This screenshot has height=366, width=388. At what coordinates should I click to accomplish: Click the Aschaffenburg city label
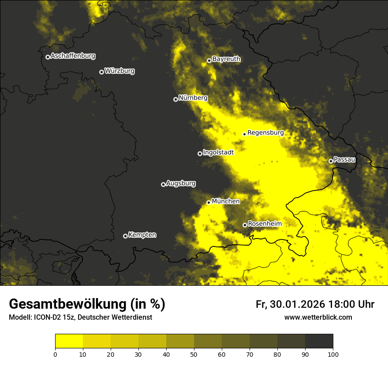tap(73, 56)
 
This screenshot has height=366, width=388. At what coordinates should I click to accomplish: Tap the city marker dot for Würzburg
tap(101, 72)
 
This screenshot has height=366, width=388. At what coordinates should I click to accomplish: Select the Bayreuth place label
tap(226, 59)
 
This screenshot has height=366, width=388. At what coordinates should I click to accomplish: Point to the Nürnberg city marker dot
tap(175, 99)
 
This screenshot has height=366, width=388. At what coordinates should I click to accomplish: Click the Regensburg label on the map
tap(265, 133)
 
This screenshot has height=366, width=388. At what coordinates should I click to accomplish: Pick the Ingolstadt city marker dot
tap(200, 153)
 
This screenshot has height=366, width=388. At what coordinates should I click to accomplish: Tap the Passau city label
tap(344, 160)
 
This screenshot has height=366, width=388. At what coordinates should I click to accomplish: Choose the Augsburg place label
tap(181, 183)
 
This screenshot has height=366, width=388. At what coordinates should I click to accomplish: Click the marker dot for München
tap(209, 202)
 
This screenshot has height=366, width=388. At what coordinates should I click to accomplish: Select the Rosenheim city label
tap(265, 224)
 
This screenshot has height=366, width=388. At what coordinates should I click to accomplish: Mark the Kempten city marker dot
tap(125, 236)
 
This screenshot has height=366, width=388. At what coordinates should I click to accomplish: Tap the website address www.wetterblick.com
tap(318, 317)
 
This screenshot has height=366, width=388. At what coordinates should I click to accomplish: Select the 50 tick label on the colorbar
tap(194, 354)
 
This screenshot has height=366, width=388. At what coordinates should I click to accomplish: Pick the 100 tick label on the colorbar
tap(332, 354)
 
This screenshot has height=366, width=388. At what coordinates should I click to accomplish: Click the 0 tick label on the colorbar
tap(55, 354)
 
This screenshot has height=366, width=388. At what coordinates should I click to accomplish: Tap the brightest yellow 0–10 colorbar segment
tap(69, 341)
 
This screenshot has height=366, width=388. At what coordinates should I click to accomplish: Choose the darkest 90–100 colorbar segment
tap(319, 341)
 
